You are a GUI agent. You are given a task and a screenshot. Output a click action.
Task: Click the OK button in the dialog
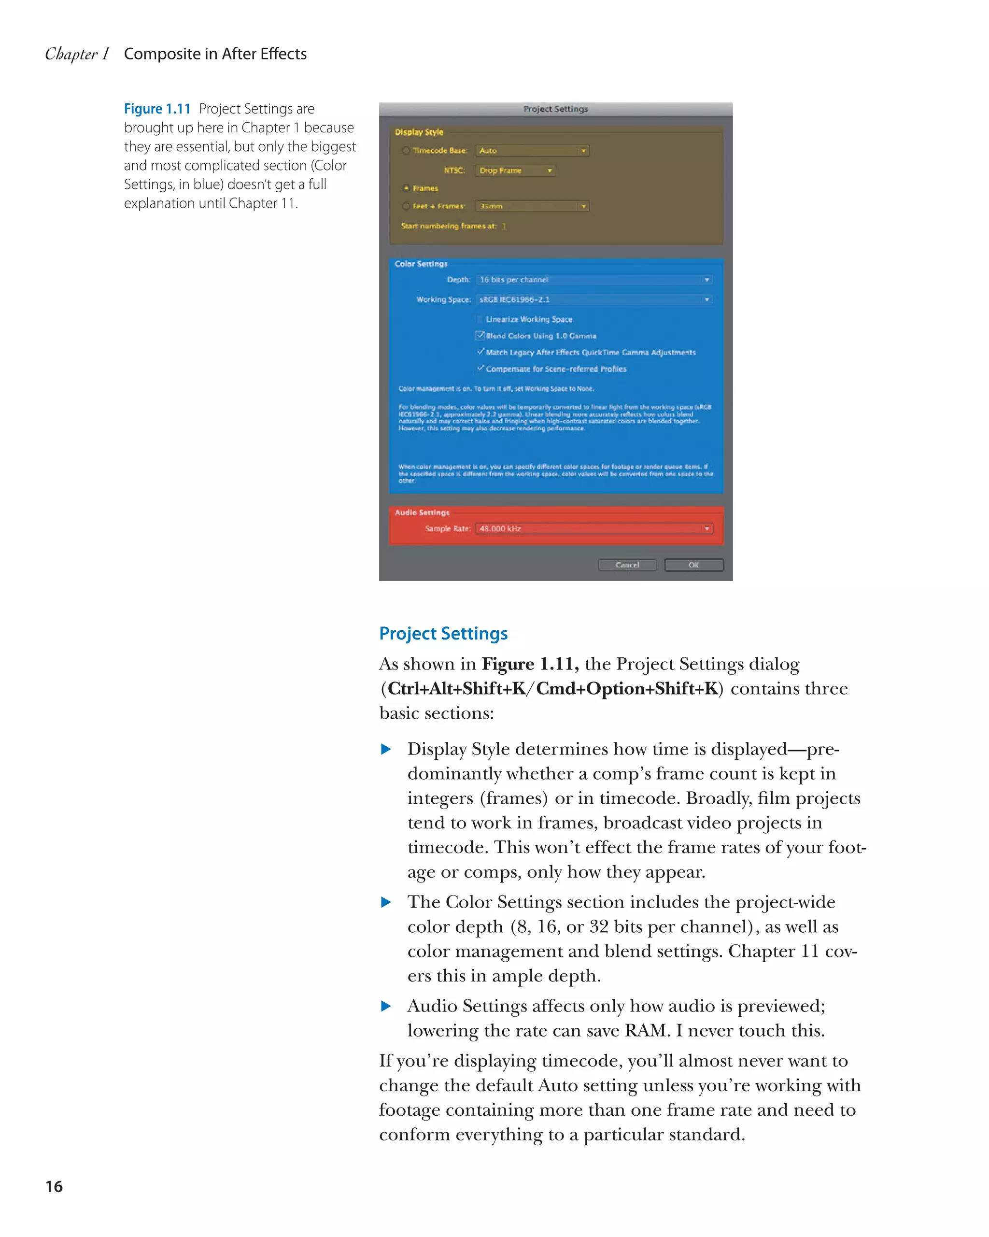tap(693, 565)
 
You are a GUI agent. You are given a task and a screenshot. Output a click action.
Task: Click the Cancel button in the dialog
tap(627, 565)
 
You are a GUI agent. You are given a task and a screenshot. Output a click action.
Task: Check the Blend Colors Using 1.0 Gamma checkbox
tap(480, 336)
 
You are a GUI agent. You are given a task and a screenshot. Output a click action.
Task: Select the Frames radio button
tap(406, 188)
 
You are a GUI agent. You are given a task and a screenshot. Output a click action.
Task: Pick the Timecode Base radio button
tap(406, 150)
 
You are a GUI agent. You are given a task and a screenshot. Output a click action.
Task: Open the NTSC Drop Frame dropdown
tap(515, 171)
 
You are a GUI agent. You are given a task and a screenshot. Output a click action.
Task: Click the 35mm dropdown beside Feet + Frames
tap(532, 206)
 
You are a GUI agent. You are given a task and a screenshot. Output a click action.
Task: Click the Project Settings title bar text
tap(555, 109)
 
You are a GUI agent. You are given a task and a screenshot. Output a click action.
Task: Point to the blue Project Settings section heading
tap(443, 633)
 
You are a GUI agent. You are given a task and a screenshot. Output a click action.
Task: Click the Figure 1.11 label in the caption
tap(157, 109)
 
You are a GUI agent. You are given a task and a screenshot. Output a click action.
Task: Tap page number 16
tap(54, 1186)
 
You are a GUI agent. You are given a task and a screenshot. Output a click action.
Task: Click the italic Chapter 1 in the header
tap(77, 54)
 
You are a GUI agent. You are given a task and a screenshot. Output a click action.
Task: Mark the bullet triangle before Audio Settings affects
tap(386, 1006)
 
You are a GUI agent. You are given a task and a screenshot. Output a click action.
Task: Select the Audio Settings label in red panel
tap(422, 512)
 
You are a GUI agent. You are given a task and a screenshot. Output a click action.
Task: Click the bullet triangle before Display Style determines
tap(386, 749)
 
